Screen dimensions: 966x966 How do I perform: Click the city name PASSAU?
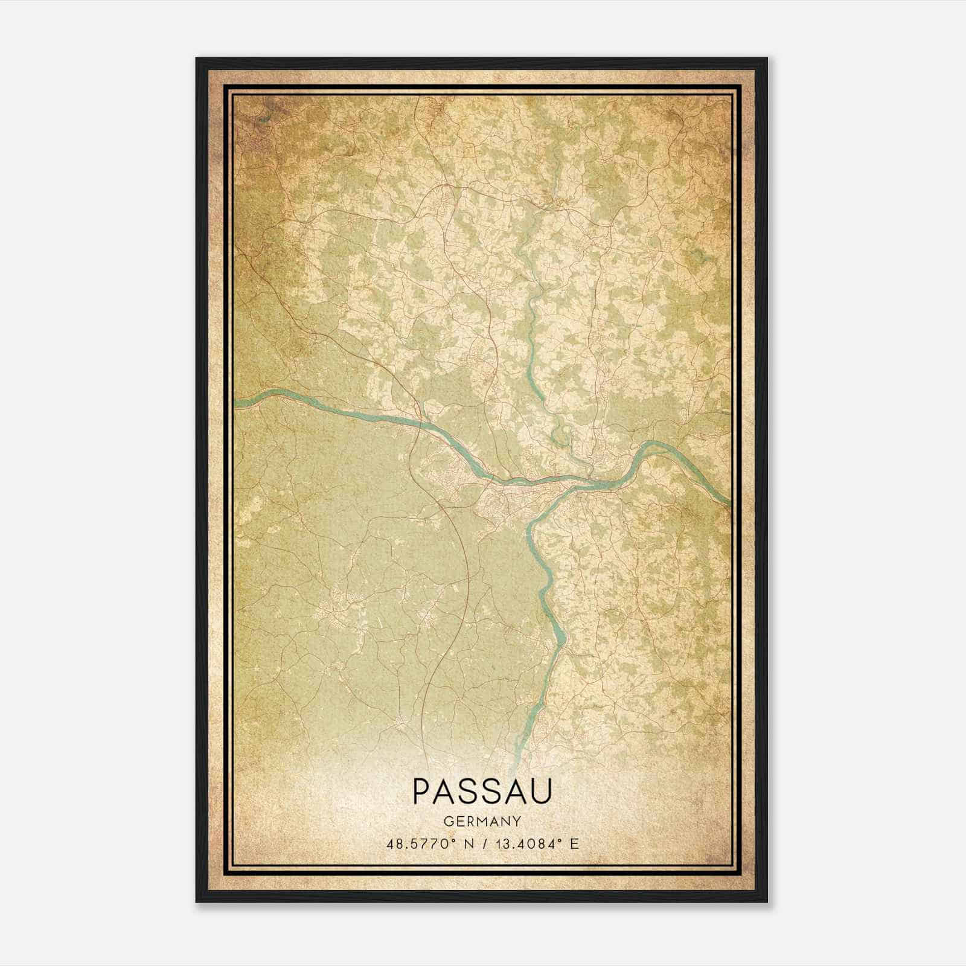(482, 791)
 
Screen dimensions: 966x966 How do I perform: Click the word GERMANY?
(482, 821)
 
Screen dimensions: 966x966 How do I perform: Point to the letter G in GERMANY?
(447, 821)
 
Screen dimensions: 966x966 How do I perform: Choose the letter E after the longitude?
(574, 843)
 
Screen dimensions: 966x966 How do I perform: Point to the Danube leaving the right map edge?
(729, 502)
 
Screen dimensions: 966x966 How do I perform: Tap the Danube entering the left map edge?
(237, 401)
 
